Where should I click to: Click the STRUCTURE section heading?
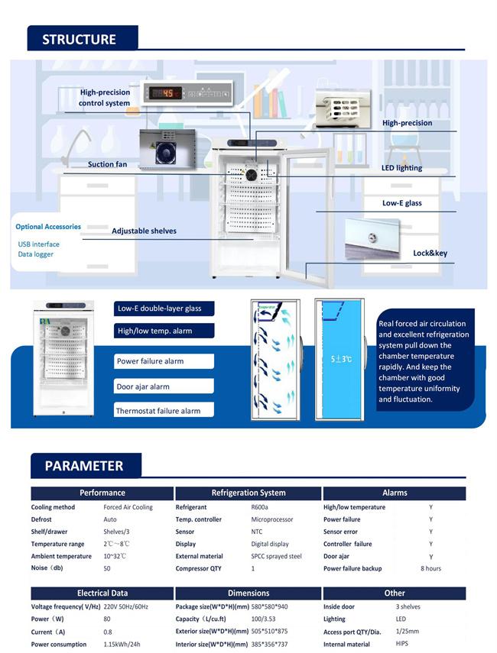(x=80, y=39)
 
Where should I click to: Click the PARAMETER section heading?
(x=84, y=466)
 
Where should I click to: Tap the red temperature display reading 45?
(x=167, y=93)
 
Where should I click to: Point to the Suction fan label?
(x=107, y=164)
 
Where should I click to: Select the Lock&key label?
(x=430, y=254)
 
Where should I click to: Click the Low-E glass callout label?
(x=402, y=203)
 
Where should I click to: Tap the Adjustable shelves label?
(x=144, y=231)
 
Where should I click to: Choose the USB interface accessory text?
(x=38, y=244)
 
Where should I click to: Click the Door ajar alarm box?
(x=164, y=386)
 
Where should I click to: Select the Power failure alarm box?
(x=164, y=361)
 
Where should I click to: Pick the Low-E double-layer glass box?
(x=164, y=309)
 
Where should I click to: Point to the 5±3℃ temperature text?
(x=341, y=359)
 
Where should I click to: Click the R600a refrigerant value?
(x=259, y=507)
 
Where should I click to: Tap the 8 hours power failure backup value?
(x=430, y=568)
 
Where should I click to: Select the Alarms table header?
(x=395, y=493)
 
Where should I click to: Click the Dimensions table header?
(x=248, y=593)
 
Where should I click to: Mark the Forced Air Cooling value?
(x=128, y=507)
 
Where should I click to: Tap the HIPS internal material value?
(x=402, y=643)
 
